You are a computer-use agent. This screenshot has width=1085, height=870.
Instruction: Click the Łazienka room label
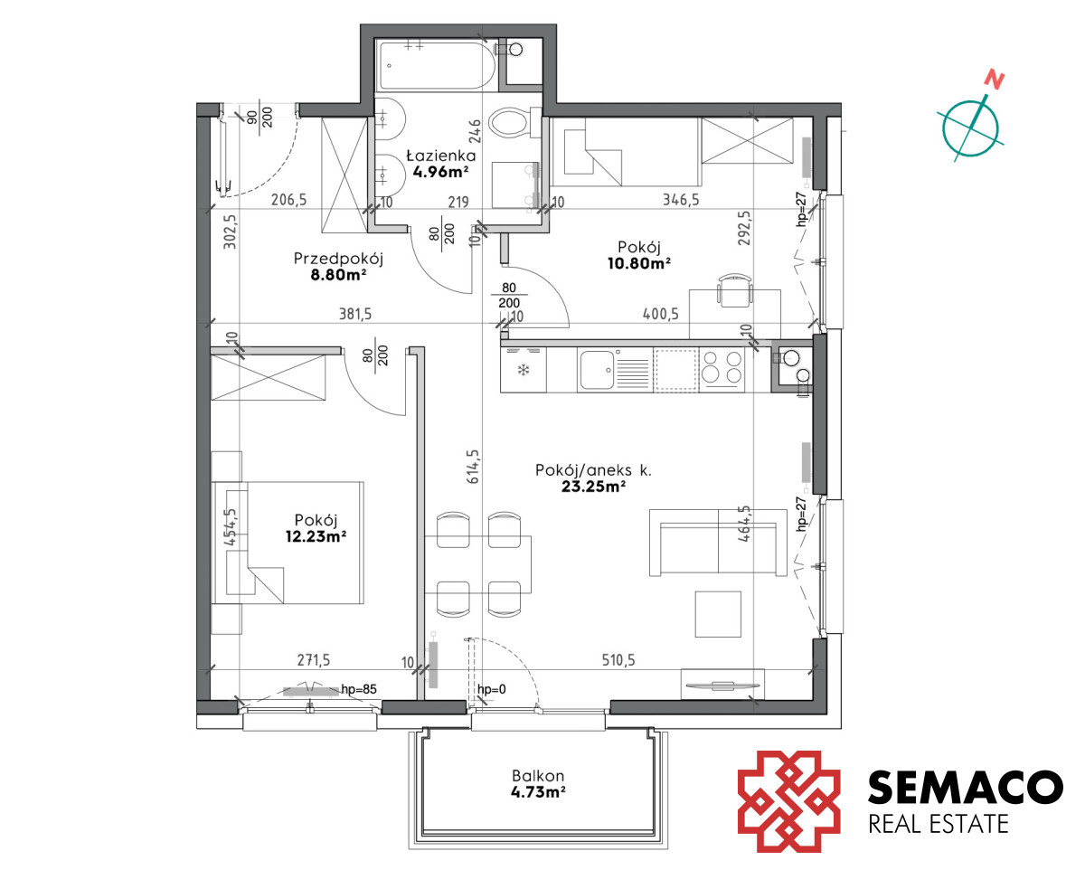(441, 155)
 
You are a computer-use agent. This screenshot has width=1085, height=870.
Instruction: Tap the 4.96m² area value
(440, 172)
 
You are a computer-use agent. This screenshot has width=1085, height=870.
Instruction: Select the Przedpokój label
(338, 259)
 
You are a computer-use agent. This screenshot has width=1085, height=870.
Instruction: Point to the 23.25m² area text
(593, 487)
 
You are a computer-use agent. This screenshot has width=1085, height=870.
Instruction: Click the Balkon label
(538, 775)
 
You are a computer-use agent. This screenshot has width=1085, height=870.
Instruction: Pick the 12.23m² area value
(316, 536)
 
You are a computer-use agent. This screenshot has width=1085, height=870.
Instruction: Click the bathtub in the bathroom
(437, 66)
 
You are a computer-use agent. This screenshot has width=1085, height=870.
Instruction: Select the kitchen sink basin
(597, 370)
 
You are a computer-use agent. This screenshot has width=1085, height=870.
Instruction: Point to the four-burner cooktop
(721, 370)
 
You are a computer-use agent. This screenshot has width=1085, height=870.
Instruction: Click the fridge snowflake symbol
(524, 371)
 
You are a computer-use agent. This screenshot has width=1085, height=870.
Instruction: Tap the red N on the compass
(995, 80)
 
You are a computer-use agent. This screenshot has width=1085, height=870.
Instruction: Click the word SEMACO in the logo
(965, 788)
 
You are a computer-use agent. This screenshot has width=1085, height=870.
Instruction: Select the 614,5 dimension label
(472, 467)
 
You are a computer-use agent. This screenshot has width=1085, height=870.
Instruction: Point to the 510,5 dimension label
(618, 659)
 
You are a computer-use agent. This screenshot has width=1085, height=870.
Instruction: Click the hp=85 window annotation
(359, 689)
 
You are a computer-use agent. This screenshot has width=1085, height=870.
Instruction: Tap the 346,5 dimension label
(681, 200)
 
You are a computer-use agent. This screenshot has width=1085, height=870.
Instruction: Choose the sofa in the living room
(718, 543)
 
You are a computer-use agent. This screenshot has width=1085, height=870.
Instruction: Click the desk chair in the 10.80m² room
(735, 290)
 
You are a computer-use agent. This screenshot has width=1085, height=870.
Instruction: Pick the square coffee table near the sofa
(718, 614)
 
